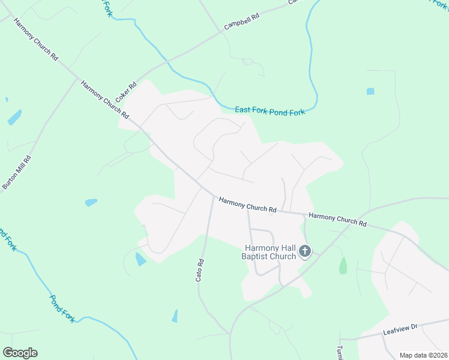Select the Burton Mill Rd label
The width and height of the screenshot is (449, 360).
coord(16,172)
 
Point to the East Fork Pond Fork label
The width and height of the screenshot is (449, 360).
coord(270,110)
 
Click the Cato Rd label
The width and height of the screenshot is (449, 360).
coord(200,270)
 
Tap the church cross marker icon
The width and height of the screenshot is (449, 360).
coord(305,251)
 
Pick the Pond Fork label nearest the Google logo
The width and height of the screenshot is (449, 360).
coord(62,308)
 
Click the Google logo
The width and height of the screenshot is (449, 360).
coord(20,353)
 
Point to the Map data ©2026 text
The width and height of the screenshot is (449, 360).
coord(424,355)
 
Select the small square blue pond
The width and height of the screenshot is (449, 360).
coord(370,92)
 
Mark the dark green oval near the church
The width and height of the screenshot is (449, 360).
coord(343,265)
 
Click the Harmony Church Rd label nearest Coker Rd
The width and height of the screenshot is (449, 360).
coord(105,100)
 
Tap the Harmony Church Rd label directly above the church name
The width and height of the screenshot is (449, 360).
coord(247,205)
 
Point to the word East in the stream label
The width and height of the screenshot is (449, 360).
coord(243,109)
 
